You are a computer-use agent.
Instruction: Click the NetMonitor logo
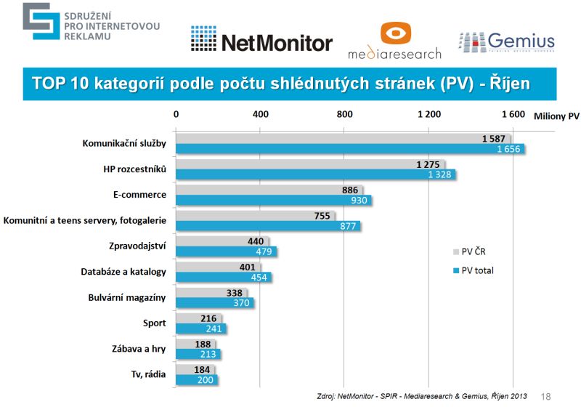coord(261,41)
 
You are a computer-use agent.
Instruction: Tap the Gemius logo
coord(506,42)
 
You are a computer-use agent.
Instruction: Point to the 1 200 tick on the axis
coord(428,114)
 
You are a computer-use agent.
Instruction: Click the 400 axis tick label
coord(260,114)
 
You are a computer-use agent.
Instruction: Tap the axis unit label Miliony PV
coord(556,115)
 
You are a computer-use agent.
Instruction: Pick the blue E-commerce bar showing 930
coord(273,200)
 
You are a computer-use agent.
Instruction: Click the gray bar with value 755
coord(255,215)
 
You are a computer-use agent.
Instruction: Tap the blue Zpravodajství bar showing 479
coord(226,251)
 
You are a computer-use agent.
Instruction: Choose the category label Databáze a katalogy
coord(123,271)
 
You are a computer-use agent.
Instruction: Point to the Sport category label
coord(155,323)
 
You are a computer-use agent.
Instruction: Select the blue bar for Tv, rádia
coord(196,379)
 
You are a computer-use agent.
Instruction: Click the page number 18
coord(547,397)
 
